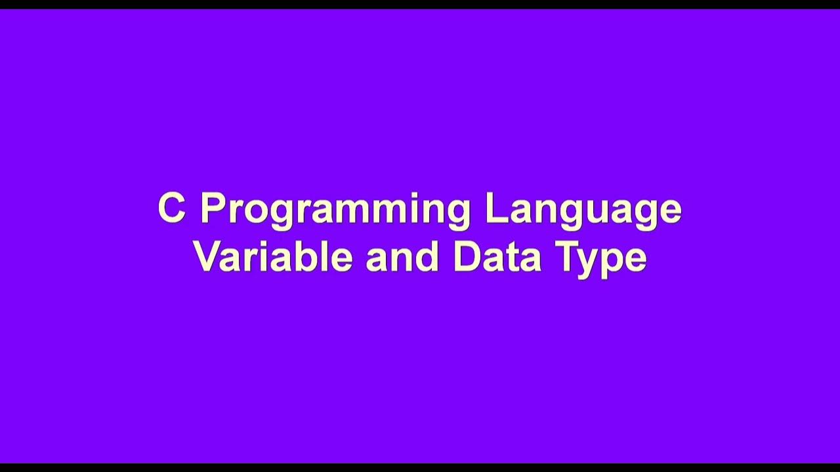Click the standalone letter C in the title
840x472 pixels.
[171, 208]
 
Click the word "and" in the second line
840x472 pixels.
[402, 256]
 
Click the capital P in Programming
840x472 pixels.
[213, 208]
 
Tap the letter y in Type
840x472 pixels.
[591, 261]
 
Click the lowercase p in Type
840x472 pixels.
[615, 261]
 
